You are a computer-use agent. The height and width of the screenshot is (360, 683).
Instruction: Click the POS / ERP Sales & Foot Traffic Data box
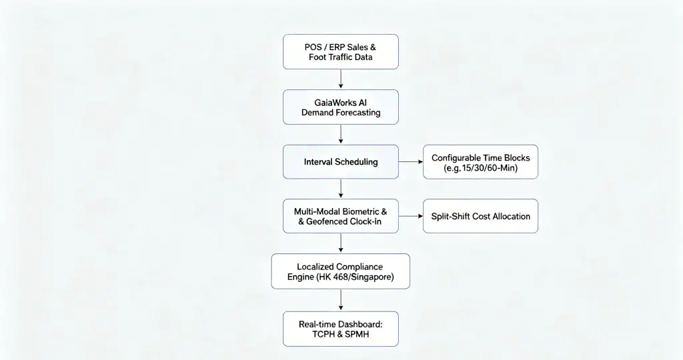coord(341,52)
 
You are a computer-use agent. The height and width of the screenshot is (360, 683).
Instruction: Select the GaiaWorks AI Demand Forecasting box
coord(341,107)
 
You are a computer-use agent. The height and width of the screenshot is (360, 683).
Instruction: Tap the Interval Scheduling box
coord(341,162)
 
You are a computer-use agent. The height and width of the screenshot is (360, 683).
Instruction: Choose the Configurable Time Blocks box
coord(480,162)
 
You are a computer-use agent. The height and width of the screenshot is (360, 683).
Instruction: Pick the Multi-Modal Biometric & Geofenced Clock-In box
coord(341,217)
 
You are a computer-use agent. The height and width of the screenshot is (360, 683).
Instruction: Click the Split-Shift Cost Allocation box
coord(480,217)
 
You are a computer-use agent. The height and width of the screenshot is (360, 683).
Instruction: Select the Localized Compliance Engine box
coord(341,271)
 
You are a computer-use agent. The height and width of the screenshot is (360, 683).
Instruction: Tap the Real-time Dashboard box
coord(341,329)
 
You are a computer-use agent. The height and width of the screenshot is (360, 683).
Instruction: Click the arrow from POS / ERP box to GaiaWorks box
coord(341,79)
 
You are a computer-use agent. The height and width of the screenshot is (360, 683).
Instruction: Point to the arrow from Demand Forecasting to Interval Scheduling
coord(341,135)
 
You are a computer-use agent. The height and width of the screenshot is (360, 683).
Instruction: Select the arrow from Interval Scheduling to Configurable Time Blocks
coord(411,162)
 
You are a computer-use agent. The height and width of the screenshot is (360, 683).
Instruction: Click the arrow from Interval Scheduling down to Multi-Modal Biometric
coord(341,189)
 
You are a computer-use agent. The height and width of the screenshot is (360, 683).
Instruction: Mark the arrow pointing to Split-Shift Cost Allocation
coord(411,217)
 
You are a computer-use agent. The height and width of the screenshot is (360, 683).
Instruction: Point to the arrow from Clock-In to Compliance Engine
coord(341,243)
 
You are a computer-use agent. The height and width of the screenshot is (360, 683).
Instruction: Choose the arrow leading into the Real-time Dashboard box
coord(341,300)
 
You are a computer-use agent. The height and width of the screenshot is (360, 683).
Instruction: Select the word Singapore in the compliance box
coord(372,277)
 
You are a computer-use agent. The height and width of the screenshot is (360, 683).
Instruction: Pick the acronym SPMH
coord(358,334)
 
